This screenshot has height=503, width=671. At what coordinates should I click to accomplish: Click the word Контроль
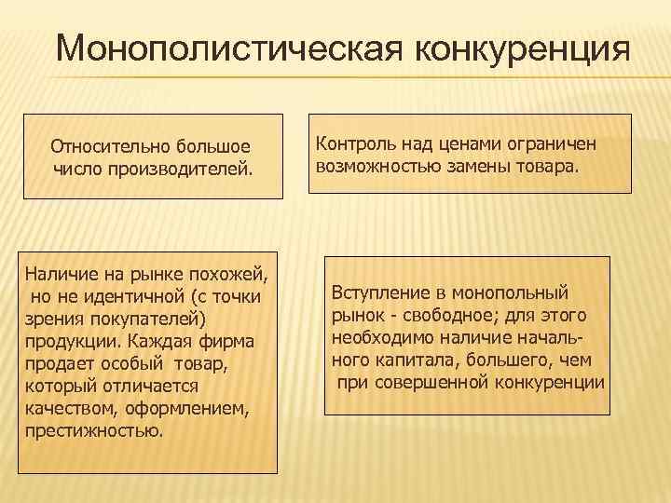(352, 144)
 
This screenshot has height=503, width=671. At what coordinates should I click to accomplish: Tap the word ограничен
(545, 144)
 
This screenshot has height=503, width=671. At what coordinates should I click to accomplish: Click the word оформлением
(183, 407)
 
